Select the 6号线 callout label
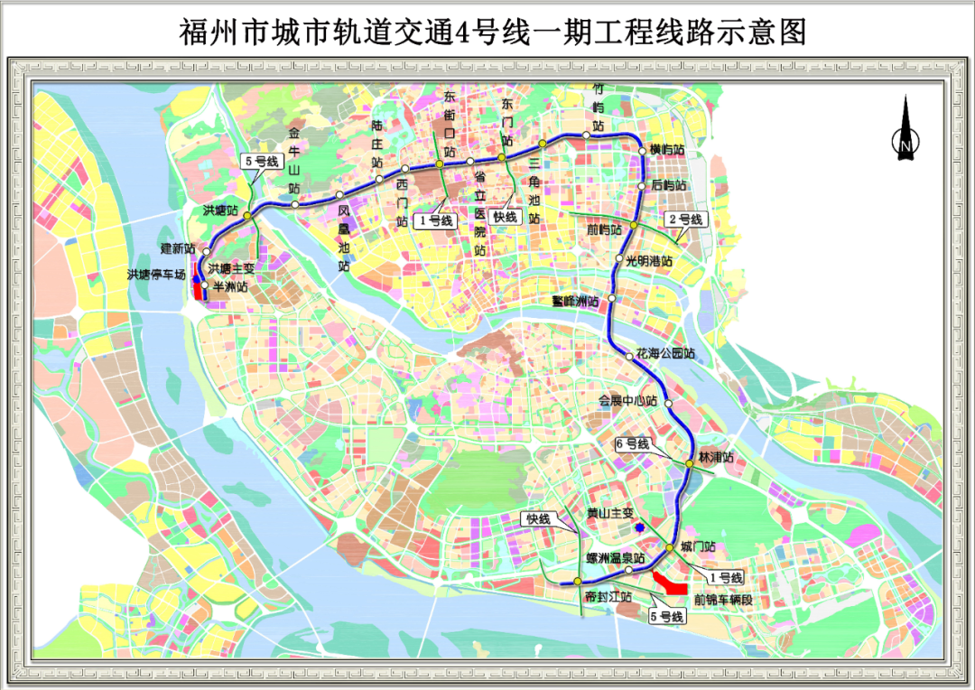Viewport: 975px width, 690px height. click(x=632, y=444)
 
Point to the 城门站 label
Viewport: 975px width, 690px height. click(x=698, y=546)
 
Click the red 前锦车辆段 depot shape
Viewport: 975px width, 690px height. click(x=672, y=583)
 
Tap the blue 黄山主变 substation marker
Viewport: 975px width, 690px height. click(x=639, y=527)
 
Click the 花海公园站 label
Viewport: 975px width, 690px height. click(x=665, y=353)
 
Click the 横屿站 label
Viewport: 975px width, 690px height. click(x=667, y=150)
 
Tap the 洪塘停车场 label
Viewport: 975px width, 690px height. click(x=155, y=274)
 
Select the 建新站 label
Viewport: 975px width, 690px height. click(x=178, y=247)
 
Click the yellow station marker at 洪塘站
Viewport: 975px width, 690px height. click(x=246, y=215)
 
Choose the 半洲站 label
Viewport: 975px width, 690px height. click(x=227, y=286)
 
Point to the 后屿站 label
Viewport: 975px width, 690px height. click(x=669, y=185)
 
